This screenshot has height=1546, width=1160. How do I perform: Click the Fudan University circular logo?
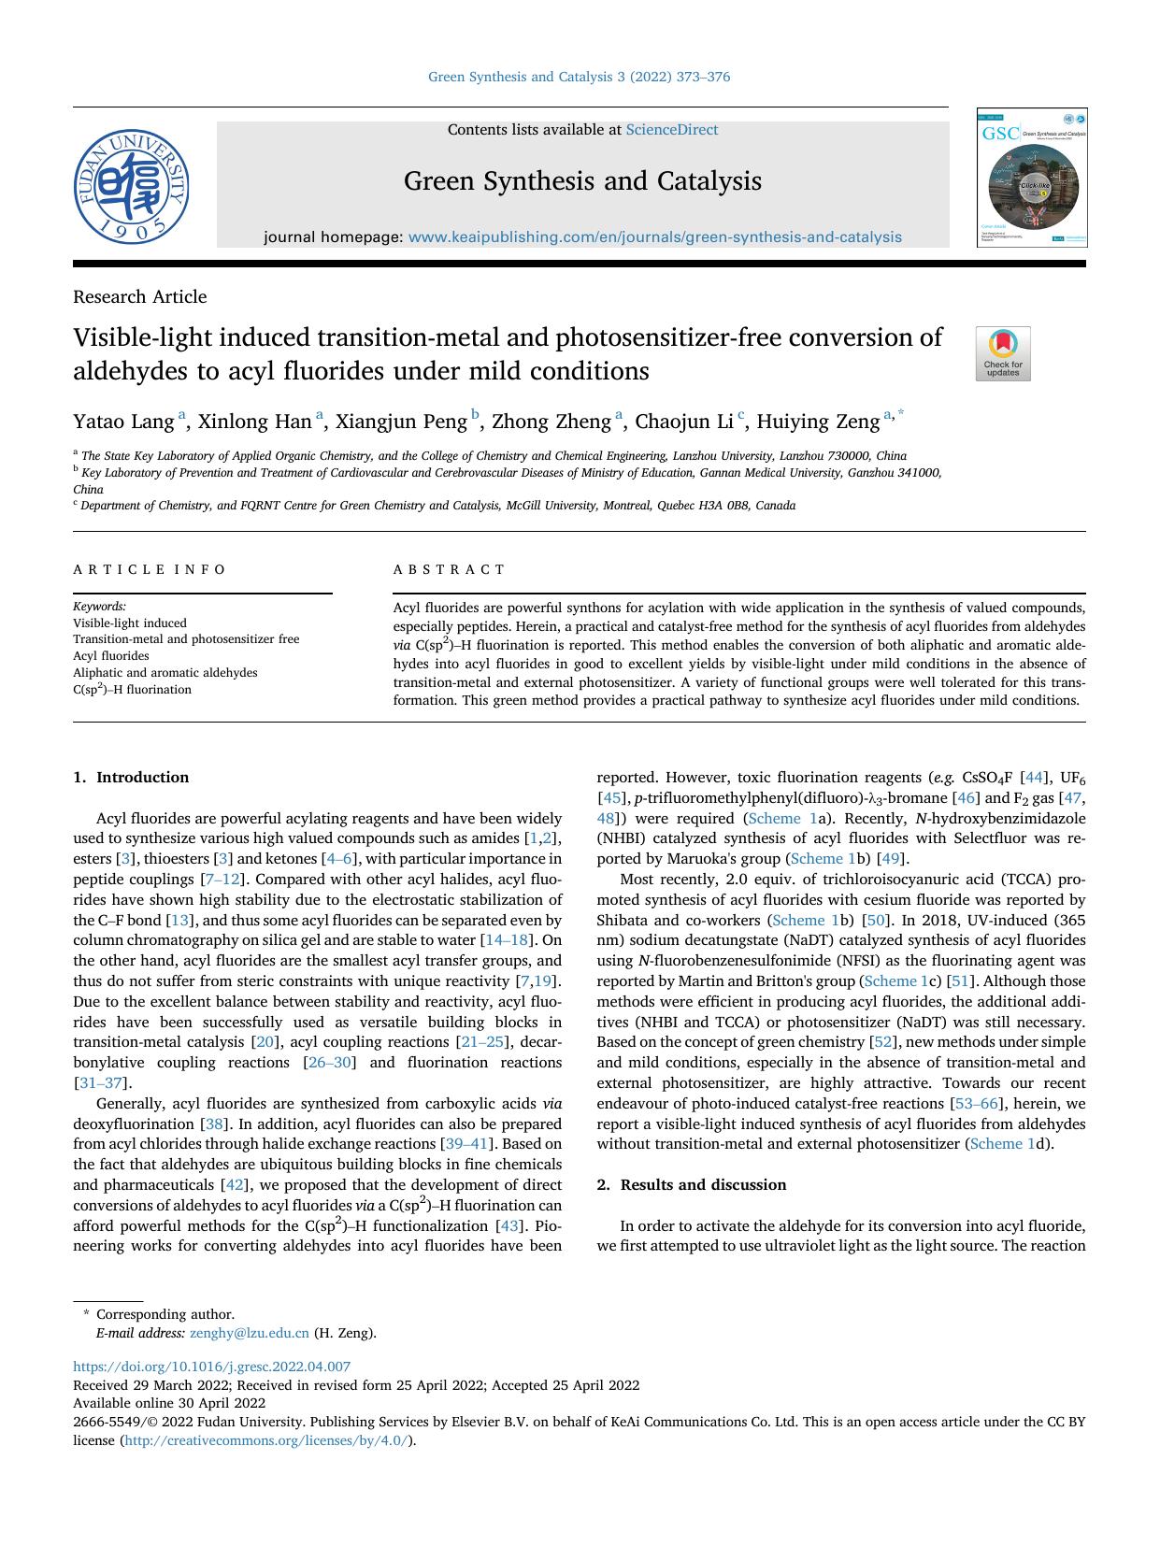click(x=132, y=187)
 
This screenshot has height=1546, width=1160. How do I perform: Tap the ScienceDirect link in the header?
click(x=671, y=130)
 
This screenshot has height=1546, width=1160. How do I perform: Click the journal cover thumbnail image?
click(x=1032, y=178)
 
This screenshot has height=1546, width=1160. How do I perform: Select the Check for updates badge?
click(x=1003, y=353)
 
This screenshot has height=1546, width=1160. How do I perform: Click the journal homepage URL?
click(x=654, y=237)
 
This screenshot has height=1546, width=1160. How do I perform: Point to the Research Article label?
click(x=140, y=297)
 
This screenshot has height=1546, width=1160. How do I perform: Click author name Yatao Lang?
click(x=123, y=422)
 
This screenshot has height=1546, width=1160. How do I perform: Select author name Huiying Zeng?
click(x=818, y=422)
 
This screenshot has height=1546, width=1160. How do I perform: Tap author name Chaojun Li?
click(x=684, y=422)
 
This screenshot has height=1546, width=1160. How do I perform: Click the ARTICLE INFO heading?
click(x=150, y=569)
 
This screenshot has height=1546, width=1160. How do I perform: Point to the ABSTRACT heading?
click(x=449, y=569)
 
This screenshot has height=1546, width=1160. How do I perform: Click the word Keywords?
click(x=99, y=606)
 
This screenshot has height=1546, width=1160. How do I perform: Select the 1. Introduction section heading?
click(x=131, y=778)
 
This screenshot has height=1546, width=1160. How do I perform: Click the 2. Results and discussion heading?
click(x=691, y=1185)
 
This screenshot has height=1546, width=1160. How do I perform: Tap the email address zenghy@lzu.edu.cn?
click(x=249, y=1334)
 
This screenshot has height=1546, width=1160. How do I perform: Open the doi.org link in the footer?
click(x=212, y=1367)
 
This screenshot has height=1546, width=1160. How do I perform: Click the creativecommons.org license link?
click(x=266, y=1440)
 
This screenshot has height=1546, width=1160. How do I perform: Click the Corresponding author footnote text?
click(x=165, y=1314)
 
